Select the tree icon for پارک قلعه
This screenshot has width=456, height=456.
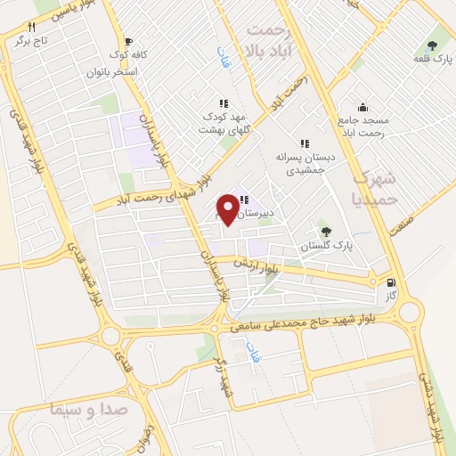(433, 45)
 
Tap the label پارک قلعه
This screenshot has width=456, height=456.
(433, 59)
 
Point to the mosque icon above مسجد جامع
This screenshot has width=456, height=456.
(362, 105)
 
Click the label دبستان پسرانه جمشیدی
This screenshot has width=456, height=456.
(305, 160)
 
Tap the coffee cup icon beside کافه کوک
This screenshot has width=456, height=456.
(129, 41)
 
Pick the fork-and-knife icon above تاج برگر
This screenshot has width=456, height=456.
(31, 27)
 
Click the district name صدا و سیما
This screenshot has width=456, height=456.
(72, 411)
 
